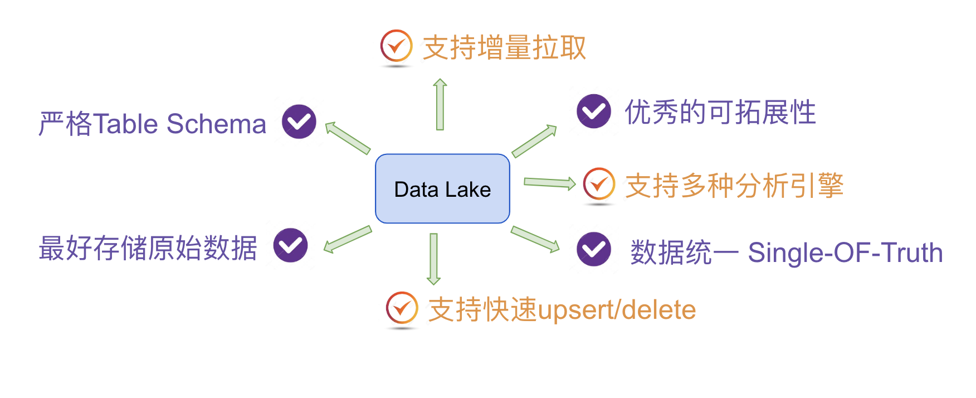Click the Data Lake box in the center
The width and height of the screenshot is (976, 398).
point(442,188)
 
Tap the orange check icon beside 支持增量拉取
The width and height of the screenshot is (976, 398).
point(396,46)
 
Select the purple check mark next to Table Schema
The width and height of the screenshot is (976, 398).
point(299,122)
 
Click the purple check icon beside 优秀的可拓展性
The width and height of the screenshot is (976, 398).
point(594,111)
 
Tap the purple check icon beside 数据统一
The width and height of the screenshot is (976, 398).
point(594,249)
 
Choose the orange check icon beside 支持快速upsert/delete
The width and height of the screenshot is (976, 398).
point(402,308)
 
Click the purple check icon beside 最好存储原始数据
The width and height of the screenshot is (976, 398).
point(291,245)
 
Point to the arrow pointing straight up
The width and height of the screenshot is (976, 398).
point(440,104)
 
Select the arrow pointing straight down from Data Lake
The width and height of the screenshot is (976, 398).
point(434,259)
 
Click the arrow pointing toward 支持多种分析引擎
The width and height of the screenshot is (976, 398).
point(549,183)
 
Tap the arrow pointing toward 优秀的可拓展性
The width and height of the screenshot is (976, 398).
point(534,141)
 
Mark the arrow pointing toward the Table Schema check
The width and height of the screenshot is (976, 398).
point(348,138)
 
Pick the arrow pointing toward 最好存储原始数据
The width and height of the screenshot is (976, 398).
point(348,239)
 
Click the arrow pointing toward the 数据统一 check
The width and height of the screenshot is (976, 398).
point(535,239)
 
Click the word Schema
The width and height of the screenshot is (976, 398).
point(216,124)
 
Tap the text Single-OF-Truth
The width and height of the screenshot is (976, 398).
point(845,253)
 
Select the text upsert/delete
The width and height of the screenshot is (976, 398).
point(617,310)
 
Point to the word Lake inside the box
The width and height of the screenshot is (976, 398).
point(467,190)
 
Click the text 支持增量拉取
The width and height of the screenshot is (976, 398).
point(504,47)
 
